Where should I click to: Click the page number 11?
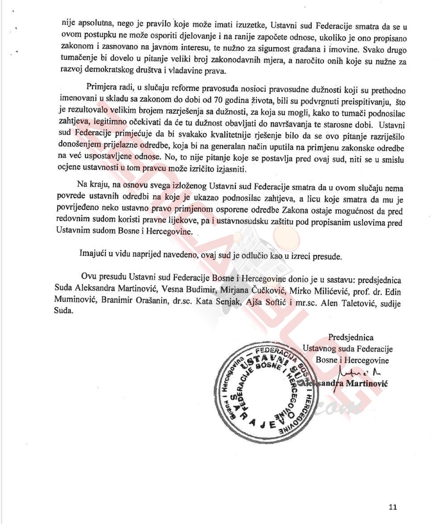click(392, 507)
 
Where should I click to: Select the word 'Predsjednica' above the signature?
click(351, 338)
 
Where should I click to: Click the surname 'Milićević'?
click(310, 291)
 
